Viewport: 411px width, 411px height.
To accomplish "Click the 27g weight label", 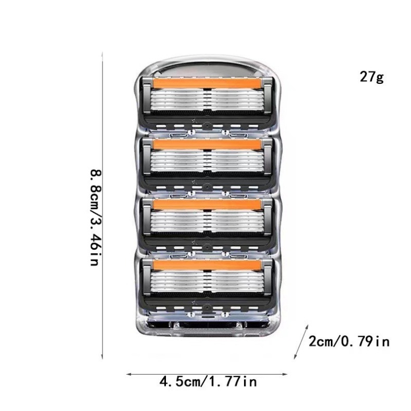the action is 371,77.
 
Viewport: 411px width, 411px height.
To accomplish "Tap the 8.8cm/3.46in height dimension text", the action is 95,218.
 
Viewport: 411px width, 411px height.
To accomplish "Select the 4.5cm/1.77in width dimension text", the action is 209,381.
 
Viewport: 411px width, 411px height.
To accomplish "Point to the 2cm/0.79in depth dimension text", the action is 349,341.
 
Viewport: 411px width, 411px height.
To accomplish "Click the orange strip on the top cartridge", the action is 207,84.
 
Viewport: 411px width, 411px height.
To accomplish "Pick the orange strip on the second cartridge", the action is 207,145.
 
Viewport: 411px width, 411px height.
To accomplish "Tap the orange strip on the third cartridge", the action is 207,204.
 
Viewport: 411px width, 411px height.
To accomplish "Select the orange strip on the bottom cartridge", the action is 207,265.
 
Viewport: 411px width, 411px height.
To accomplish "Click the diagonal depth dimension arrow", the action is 301,342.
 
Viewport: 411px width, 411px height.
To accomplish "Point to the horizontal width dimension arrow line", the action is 207,374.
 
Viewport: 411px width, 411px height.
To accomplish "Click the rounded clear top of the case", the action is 207,66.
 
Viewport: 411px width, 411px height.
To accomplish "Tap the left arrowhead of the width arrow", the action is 129,374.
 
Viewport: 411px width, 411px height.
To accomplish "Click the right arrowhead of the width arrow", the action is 286,374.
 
